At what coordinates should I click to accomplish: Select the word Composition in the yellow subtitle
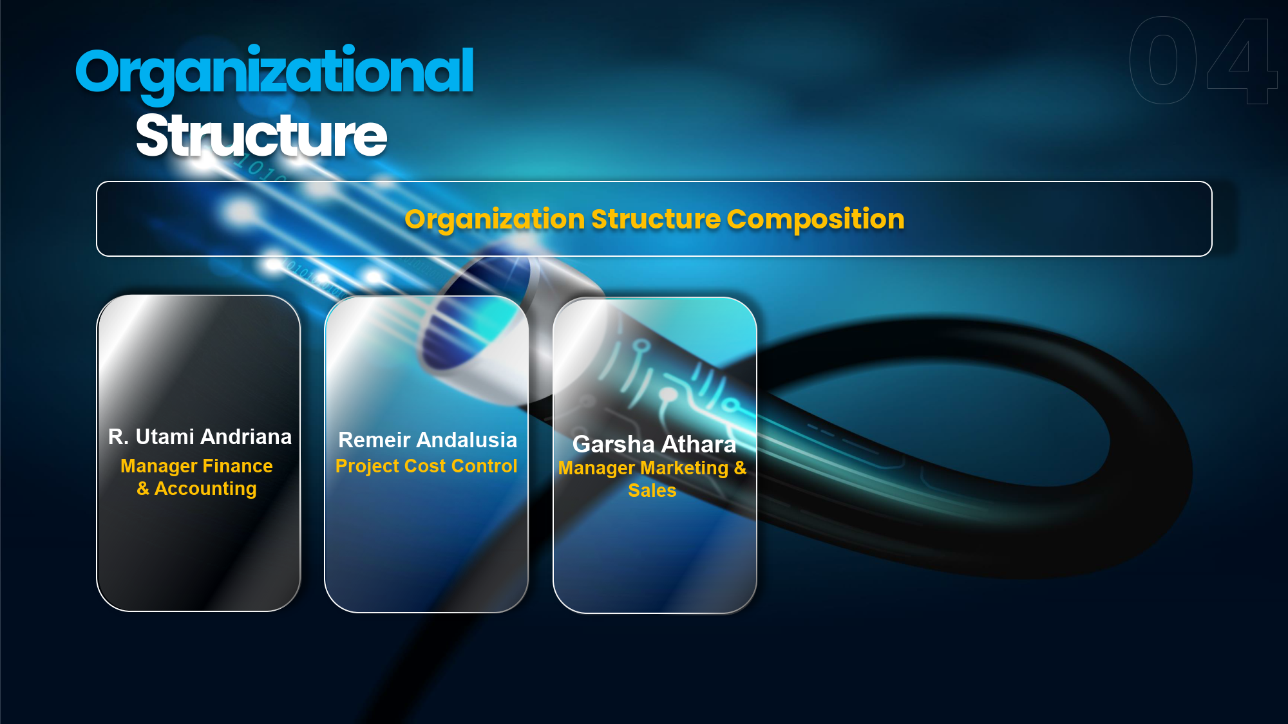pos(816,219)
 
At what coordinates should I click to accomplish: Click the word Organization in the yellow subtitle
pos(495,220)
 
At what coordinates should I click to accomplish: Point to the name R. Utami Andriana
pos(200,436)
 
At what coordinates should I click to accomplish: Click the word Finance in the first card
pos(238,465)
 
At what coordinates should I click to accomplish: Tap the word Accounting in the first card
pos(205,488)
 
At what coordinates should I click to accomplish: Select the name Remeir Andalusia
pos(428,440)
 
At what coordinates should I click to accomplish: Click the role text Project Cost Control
pos(426,465)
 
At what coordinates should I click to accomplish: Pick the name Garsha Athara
pos(654,444)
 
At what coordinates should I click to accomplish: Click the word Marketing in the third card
pos(685,468)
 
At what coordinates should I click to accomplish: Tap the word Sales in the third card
pos(652,490)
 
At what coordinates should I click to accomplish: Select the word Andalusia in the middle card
pos(466,440)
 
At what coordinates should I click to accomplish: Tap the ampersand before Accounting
pos(143,488)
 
